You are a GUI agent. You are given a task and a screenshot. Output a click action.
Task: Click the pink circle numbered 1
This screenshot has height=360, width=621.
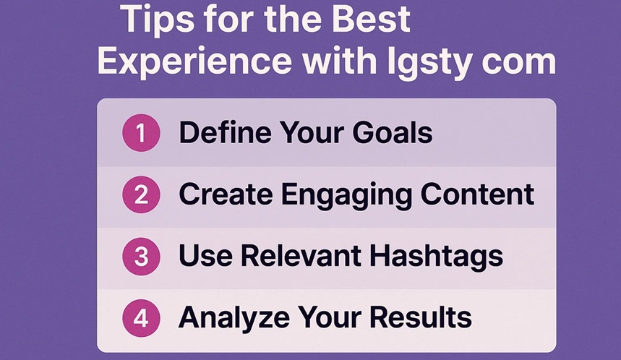point(140,134)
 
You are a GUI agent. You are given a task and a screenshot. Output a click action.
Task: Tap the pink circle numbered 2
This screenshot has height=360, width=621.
point(140,194)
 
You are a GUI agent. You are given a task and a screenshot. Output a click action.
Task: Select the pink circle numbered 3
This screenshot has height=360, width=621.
point(140,256)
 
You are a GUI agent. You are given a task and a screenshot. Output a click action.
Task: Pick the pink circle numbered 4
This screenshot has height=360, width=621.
point(140,317)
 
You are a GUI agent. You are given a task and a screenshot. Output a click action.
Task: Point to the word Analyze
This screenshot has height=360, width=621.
point(228,317)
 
